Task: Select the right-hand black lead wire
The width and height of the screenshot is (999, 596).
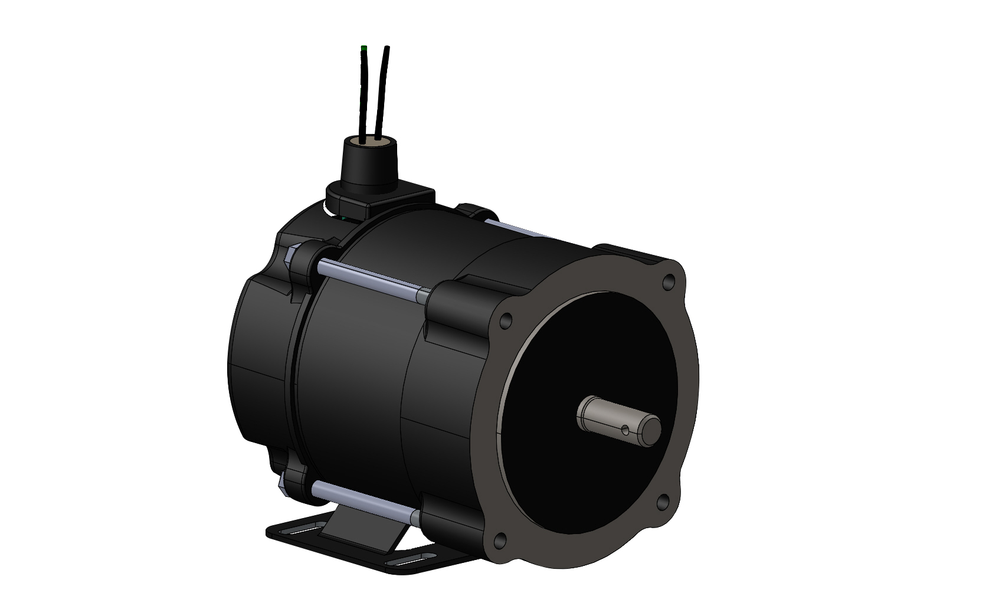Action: tap(382, 89)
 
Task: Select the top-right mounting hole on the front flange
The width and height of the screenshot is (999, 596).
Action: tap(668, 281)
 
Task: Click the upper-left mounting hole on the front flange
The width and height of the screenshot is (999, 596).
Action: tap(505, 322)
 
